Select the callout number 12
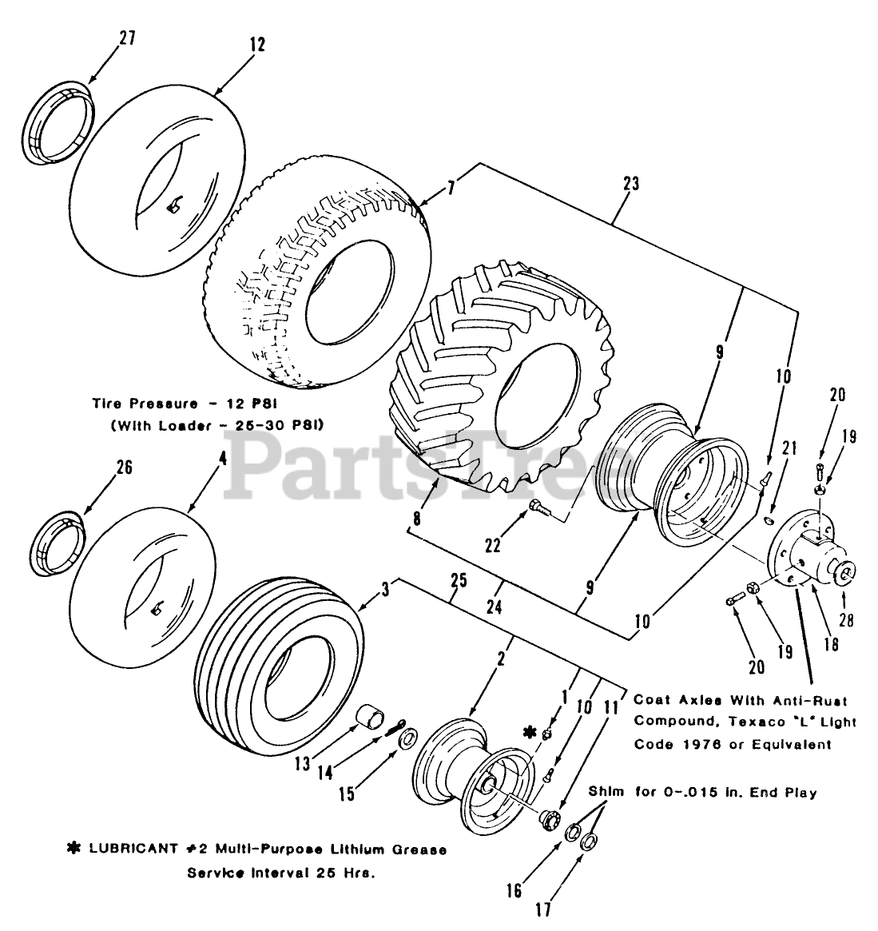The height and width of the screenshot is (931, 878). (x=256, y=45)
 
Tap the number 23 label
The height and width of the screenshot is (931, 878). (x=630, y=183)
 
